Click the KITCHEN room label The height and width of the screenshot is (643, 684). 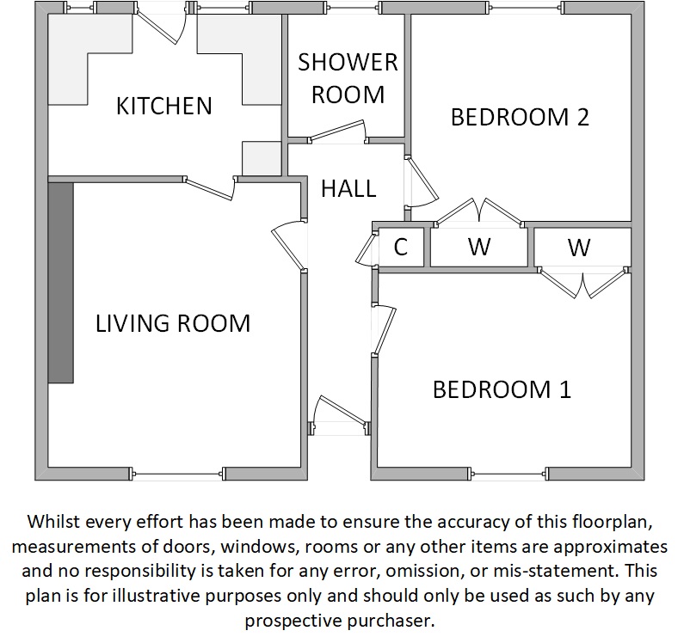[164, 106]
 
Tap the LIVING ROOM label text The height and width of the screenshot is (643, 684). [173, 323]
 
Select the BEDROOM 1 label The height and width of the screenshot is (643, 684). [502, 389]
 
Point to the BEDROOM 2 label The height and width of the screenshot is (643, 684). [520, 117]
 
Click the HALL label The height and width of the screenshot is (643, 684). [348, 189]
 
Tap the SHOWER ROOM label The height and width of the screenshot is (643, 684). [348, 78]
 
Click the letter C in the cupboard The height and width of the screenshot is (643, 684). [400, 247]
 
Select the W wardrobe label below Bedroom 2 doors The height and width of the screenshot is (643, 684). [479, 247]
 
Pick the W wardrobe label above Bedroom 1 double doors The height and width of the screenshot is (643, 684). [579, 248]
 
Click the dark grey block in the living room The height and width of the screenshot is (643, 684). [60, 283]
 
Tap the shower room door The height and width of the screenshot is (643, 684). [337, 132]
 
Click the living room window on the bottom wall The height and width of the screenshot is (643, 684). [177, 474]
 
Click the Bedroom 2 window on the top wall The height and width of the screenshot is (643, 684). [527, 8]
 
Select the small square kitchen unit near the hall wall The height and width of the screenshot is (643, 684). [262, 159]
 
